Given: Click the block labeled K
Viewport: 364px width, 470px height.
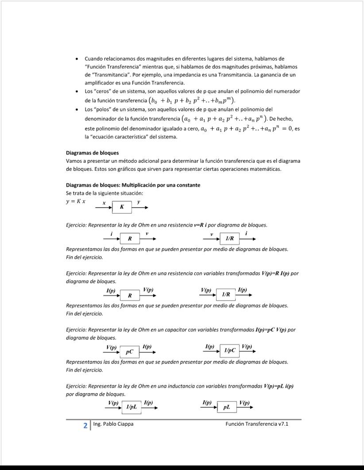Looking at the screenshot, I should [x=122, y=207].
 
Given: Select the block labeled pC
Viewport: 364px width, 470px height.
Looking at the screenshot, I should [x=130, y=352].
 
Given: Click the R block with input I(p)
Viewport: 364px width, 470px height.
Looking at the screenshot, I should [x=130, y=295].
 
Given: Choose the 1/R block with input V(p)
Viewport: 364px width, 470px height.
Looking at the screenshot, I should [x=225, y=294].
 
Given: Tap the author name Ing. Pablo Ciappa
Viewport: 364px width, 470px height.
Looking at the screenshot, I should [x=113, y=424].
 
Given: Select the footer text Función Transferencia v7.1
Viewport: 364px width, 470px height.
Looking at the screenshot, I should [x=257, y=424].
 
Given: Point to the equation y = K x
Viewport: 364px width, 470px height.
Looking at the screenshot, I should [x=76, y=201].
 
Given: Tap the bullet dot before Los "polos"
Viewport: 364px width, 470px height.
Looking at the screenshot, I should [x=77, y=109].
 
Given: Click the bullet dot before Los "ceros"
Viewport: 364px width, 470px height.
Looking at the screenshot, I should [x=77, y=91].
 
